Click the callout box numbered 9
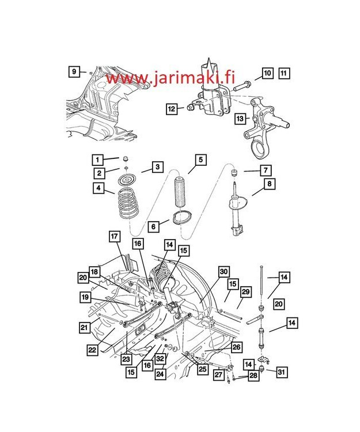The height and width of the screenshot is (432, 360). (74, 71)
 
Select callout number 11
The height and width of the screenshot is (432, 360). (284, 73)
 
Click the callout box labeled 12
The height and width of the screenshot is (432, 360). (171, 108)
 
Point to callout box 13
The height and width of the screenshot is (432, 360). (240, 119)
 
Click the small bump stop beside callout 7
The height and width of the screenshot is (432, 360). (234, 172)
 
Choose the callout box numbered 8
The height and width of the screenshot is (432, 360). (269, 184)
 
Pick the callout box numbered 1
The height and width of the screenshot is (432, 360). (98, 160)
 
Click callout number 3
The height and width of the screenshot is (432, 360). (156, 167)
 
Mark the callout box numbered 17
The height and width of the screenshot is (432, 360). (114, 236)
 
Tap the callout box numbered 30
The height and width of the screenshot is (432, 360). (224, 272)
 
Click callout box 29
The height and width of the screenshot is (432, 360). (245, 292)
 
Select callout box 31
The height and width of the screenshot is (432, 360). (282, 372)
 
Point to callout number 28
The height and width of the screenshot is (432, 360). (253, 376)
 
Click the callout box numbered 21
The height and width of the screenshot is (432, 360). (85, 327)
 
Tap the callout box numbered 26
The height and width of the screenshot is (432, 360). (236, 347)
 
